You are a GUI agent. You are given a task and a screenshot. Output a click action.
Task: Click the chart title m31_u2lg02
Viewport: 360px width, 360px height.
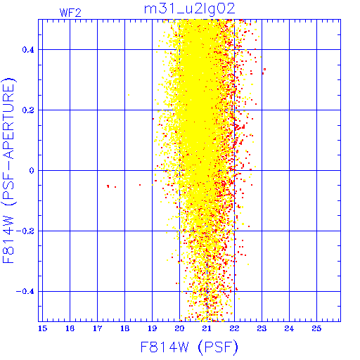tap(189, 9)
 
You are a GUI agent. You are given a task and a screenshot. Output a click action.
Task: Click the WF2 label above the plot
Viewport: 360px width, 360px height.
tap(70, 13)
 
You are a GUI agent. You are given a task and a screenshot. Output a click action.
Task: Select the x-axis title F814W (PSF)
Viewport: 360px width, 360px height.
tap(189, 347)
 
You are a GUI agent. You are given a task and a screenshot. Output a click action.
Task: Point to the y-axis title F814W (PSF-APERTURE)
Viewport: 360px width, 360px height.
tap(8, 170)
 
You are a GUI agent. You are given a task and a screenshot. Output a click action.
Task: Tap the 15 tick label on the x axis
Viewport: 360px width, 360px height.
tap(42, 328)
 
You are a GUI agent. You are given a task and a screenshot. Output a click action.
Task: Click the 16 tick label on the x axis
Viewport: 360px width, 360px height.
tap(70, 328)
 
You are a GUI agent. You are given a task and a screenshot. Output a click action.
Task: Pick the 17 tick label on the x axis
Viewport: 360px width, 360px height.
tap(97, 328)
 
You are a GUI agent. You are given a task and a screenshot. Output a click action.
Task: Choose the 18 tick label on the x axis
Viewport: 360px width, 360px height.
tap(124, 328)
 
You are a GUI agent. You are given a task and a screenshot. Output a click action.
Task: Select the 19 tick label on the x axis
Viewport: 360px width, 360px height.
tap(152, 328)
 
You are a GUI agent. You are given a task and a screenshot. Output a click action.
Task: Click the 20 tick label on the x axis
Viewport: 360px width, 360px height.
tap(179, 328)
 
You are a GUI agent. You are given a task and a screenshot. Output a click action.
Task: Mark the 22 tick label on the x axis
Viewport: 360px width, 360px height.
tap(234, 328)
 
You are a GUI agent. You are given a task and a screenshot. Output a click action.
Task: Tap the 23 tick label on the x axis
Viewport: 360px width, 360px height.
tap(262, 328)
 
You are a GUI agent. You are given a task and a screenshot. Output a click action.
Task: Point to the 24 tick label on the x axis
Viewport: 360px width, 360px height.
tap(289, 328)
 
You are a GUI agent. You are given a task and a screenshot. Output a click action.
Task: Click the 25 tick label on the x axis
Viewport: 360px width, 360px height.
tap(316, 328)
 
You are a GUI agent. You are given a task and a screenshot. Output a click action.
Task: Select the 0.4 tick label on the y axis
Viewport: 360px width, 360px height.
tap(28, 50)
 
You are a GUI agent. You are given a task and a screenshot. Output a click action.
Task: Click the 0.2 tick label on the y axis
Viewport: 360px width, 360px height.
tap(28, 110)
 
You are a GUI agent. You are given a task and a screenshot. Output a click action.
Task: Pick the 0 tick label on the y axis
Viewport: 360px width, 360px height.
tap(32, 171)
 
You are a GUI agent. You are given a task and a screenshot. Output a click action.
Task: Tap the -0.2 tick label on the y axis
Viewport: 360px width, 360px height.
tap(25, 231)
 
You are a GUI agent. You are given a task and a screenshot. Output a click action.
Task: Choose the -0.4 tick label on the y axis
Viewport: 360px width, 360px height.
tap(25, 292)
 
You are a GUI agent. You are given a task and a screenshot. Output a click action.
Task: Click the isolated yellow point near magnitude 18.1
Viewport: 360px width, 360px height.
tap(129, 95)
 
